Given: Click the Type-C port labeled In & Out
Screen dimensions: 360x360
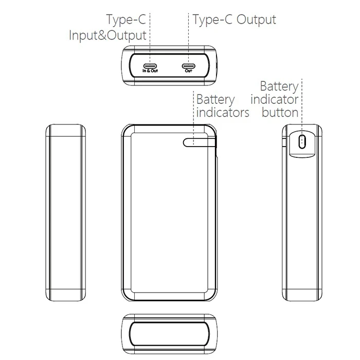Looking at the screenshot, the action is pyautogui.click(x=150, y=66).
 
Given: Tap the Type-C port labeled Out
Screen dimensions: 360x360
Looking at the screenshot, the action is pyautogui.click(x=189, y=66).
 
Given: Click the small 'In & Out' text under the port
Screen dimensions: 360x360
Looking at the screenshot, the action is pyautogui.click(x=150, y=71).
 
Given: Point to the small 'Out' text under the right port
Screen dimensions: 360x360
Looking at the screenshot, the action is pyautogui.click(x=189, y=71).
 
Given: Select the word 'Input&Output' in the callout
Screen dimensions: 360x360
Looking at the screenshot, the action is pyautogui.click(x=107, y=35).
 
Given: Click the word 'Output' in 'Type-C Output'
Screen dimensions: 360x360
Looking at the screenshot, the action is pyautogui.click(x=256, y=20).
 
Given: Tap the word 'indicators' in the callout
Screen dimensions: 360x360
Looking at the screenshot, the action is pyautogui.click(x=223, y=113).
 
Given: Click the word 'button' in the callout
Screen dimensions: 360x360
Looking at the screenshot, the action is pyautogui.click(x=280, y=113).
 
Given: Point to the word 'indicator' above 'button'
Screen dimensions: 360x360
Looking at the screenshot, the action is pyautogui.click(x=274, y=99).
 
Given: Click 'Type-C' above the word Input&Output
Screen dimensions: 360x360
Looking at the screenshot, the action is pyautogui.click(x=126, y=20).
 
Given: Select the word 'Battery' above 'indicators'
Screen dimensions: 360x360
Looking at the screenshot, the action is pyautogui.click(x=215, y=100).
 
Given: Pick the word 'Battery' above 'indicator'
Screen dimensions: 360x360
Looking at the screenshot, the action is pyautogui.click(x=279, y=87).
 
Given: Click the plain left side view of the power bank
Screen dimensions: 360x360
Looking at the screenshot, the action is pyautogui.click(x=66, y=212).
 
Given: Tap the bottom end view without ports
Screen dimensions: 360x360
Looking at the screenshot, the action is pyautogui.click(x=169, y=334).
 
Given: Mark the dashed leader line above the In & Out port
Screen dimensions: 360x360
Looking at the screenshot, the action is pyautogui.click(x=150, y=39).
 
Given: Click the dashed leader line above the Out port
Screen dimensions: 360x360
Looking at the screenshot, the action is pyautogui.click(x=189, y=39).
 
